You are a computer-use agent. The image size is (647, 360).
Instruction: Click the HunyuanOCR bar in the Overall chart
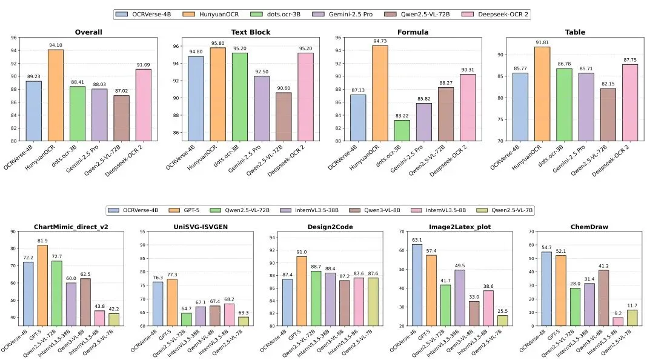coord(56,95)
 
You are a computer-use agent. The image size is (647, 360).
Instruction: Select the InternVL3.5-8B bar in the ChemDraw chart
coord(583,321)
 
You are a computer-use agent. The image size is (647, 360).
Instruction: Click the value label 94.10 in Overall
coord(56,44)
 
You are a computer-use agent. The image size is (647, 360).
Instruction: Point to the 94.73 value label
coord(380,41)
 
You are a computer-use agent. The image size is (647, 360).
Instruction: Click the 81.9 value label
coord(42,240)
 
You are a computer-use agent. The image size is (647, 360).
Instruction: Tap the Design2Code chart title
coord(327,227)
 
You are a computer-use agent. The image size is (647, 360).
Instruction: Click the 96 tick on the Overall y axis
coord(13,38)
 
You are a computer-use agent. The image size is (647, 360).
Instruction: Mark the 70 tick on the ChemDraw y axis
coord(531,232)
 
